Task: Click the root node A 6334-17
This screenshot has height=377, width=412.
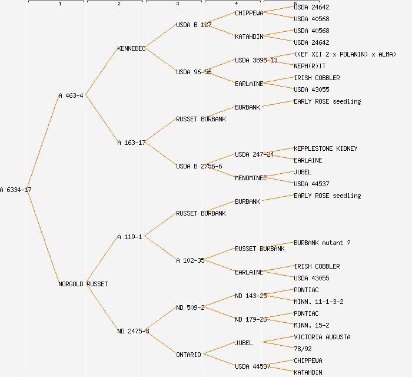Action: (16, 190)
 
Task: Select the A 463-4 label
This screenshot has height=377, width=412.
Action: (71, 95)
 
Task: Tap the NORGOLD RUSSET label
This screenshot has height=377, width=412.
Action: (83, 284)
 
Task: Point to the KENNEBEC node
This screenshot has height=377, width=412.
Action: (131, 48)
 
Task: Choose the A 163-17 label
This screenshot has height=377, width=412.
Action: (131, 143)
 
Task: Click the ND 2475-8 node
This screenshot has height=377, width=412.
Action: (133, 331)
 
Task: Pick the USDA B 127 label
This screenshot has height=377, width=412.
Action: (194, 25)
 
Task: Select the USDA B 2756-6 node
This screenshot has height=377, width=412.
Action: (199, 166)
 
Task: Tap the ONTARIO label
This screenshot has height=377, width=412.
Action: (188, 355)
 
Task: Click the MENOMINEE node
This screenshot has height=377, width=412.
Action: (251, 178)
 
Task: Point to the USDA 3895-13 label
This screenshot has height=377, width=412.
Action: (256, 60)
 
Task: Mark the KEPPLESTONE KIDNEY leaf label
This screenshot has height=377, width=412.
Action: (325, 148)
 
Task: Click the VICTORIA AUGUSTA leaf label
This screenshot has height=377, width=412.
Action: (322, 337)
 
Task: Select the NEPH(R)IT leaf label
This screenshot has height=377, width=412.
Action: (310, 66)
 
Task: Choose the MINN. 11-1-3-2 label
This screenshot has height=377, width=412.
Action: (318, 302)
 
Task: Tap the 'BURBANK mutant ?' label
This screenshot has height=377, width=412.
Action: (322, 243)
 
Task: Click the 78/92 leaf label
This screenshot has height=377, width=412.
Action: (303, 349)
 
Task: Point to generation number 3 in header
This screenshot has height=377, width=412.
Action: (177, 4)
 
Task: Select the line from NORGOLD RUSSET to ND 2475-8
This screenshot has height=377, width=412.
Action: (102, 307)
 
